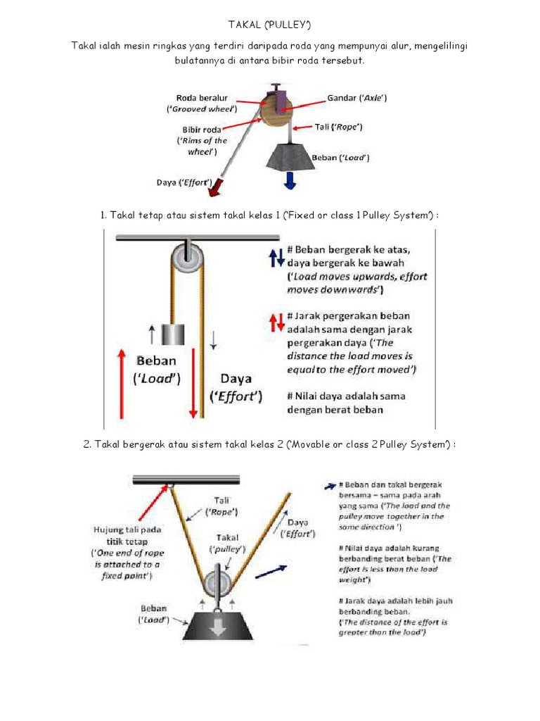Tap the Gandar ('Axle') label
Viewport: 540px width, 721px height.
tap(357, 97)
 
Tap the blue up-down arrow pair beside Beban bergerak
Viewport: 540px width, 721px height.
tap(276, 258)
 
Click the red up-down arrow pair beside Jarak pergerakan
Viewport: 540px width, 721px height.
tap(276, 322)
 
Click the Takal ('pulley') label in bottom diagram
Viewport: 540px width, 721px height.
tap(226, 541)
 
